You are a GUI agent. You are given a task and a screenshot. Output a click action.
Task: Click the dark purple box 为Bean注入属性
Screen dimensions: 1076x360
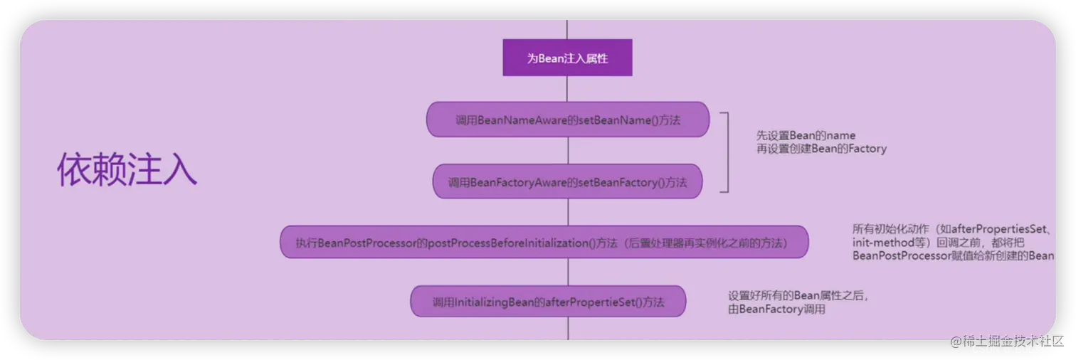(567, 58)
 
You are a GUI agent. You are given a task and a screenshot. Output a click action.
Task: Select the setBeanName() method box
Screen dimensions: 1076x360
(567, 120)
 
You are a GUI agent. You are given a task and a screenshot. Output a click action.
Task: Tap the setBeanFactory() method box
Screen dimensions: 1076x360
(567, 182)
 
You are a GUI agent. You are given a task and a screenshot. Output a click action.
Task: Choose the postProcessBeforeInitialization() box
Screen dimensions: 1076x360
(544, 243)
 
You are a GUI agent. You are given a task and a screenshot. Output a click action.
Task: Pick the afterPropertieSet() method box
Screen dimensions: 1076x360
(547, 302)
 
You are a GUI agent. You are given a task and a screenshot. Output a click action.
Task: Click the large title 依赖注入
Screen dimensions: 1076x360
(127, 169)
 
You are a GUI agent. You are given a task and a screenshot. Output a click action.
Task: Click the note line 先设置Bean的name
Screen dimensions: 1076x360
(806, 135)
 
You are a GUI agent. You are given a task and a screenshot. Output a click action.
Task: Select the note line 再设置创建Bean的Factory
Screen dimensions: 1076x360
(821, 149)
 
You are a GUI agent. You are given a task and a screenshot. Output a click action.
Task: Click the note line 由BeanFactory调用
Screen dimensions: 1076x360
(776, 309)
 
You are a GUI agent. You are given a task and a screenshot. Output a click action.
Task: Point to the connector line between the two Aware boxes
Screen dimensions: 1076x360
(567, 151)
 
